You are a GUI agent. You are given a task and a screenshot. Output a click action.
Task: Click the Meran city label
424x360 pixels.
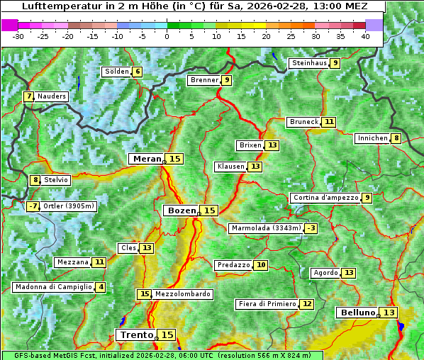[x=147, y=159]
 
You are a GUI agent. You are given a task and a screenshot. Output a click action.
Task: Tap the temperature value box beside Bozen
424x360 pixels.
[x=209, y=210]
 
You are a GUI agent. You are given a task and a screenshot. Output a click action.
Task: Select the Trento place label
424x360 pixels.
[x=136, y=334]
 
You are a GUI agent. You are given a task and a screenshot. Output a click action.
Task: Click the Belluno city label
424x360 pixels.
[x=357, y=313]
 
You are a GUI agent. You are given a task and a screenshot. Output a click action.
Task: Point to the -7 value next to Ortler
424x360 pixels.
[x=33, y=206]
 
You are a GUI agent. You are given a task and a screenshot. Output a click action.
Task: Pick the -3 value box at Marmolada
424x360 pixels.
[x=311, y=228]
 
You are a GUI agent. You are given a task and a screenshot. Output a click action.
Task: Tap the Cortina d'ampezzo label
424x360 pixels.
[x=325, y=198]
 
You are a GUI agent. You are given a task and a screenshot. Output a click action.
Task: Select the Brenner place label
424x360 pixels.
[x=204, y=80]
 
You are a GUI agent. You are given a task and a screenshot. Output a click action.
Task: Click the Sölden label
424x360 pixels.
[x=117, y=72]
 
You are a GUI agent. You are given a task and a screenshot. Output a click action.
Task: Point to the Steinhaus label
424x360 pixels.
[x=308, y=63]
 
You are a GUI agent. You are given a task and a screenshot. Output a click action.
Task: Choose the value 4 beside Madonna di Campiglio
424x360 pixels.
[x=101, y=287]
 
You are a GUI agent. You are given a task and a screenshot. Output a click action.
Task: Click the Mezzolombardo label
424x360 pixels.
[x=182, y=294]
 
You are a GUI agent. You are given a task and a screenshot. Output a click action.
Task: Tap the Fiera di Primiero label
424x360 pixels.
[x=267, y=304]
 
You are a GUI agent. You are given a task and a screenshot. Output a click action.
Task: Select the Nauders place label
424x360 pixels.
[x=52, y=96]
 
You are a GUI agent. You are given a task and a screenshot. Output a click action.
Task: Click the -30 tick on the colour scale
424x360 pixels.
[x=18, y=36]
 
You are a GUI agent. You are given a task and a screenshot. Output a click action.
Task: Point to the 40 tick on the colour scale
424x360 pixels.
[x=365, y=36]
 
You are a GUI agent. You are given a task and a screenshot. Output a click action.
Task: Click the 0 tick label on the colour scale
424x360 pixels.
[x=167, y=36]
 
